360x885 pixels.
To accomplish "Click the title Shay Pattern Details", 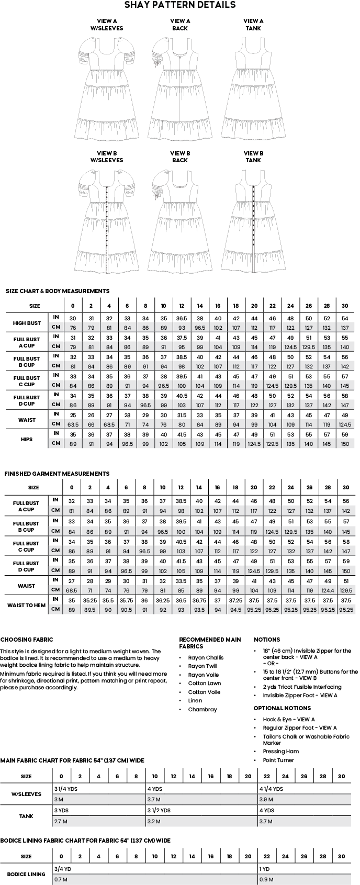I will click(x=179, y=5).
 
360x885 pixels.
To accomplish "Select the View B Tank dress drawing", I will click(x=253, y=220).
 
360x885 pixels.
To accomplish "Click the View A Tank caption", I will click(x=253, y=25).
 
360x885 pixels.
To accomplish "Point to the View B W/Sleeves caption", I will click(x=107, y=156).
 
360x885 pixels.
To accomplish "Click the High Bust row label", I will click(x=27, y=323).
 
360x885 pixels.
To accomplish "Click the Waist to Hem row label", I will click(x=26, y=606).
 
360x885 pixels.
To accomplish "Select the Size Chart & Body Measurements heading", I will click(x=57, y=291).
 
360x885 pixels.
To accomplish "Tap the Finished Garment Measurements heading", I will click(x=57, y=474).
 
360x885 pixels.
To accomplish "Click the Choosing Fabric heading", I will click(x=27, y=640).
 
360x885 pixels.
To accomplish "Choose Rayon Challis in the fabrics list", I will click(x=206, y=658).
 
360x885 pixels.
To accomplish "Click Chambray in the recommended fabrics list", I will click(x=203, y=710).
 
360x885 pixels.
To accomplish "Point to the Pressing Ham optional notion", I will click(x=281, y=752).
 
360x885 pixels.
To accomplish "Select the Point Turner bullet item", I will click(x=278, y=760).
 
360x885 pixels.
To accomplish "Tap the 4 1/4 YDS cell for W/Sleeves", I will click(x=271, y=789).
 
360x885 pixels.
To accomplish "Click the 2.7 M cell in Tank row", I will click(x=61, y=821).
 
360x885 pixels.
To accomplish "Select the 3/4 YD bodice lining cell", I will click(x=63, y=869).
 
